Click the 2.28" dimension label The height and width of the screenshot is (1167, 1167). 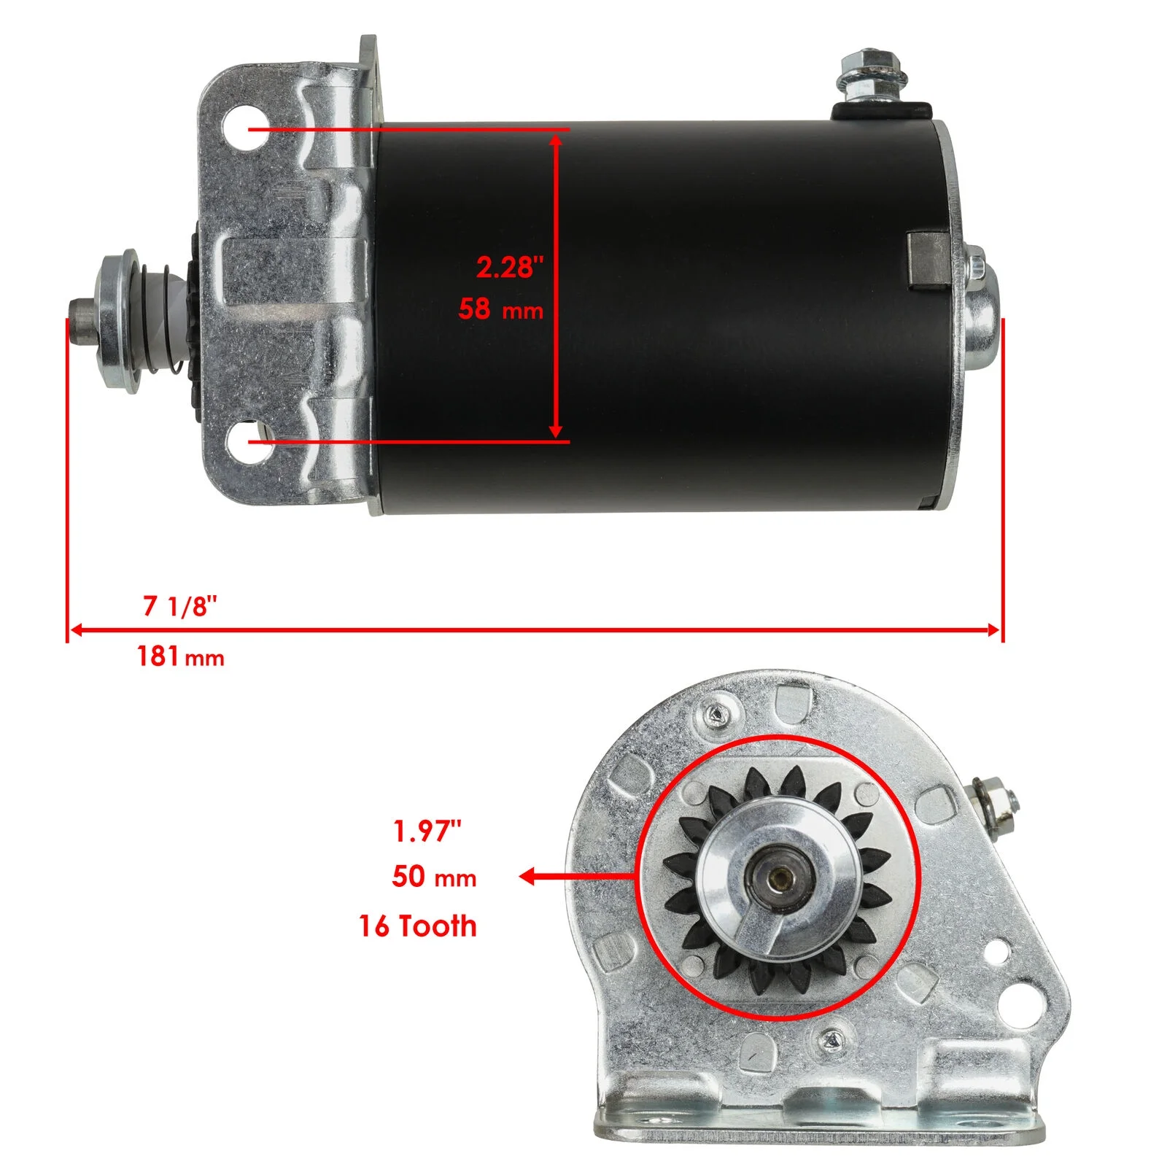pos(510,267)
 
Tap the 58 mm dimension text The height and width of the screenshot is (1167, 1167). pos(501,309)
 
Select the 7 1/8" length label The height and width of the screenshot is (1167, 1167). pos(180,605)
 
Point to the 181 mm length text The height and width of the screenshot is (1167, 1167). pos(180,656)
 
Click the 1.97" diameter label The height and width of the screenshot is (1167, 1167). pos(427,831)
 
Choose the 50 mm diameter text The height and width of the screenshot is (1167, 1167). pos(434,876)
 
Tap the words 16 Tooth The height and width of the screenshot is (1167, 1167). pos(418,926)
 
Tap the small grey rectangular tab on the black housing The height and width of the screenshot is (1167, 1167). pos(928,260)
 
